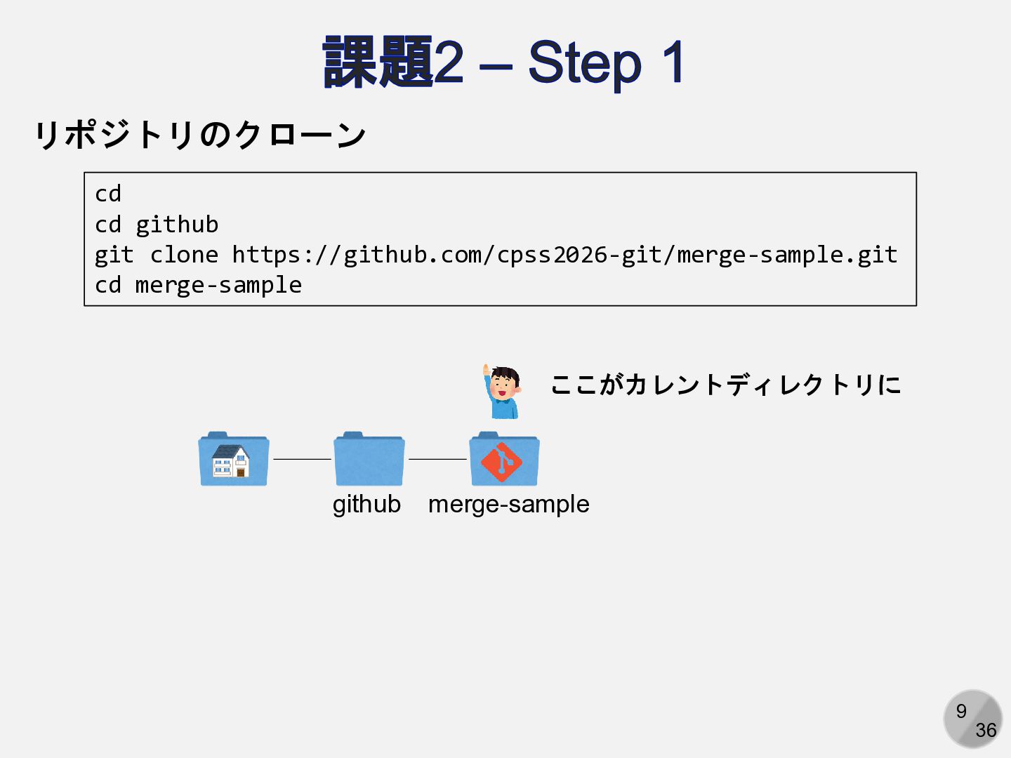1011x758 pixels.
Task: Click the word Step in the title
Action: point(584,63)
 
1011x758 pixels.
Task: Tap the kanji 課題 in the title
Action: point(378,63)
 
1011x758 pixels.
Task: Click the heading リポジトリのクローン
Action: point(200,134)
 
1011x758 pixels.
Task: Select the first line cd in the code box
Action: point(108,194)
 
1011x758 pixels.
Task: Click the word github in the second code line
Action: point(177,225)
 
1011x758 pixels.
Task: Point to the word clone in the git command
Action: point(184,255)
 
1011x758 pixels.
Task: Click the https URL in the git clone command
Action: point(564,255)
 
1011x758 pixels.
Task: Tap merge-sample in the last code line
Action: point(218,285)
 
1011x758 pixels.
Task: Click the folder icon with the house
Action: point(234,460)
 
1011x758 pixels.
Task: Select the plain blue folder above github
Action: point(369,460)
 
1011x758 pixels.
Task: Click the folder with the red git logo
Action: point(504,460)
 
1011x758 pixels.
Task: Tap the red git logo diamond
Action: point(501,462)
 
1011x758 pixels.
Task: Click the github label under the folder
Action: point(366,504)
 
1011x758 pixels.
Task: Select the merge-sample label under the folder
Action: point(509,504)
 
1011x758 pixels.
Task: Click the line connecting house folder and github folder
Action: point(302,459)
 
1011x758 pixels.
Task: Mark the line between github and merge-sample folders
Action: point(437,459)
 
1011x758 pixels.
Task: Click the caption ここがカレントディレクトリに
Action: point(725,385)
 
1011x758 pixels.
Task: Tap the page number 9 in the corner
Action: point(961,711)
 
